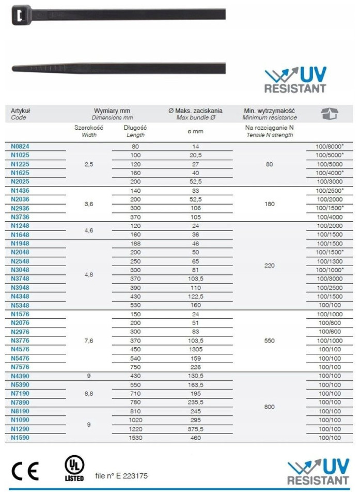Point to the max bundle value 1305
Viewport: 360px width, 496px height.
click(195, 349)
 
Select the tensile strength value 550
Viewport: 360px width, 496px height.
click(269, 340)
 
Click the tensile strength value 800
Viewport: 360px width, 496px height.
click(269, 407)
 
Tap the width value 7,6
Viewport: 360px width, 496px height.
click(89, 340)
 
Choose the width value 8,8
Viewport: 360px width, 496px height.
click(89, 393)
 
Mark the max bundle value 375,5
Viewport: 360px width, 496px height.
click(195, 429)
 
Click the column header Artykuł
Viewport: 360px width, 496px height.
click(21, 111)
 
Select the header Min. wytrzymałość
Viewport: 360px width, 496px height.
click(269, 111)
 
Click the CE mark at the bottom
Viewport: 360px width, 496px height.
click(25, 470)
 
